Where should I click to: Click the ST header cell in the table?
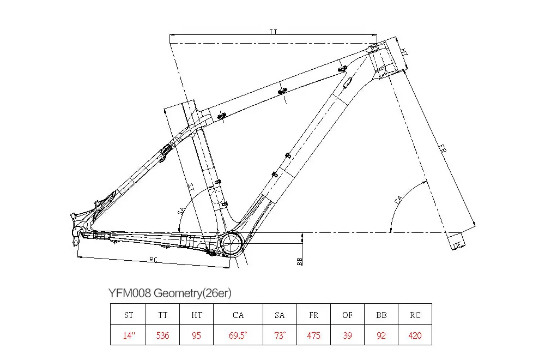pos(129,315)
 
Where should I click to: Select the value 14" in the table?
pos(129,335)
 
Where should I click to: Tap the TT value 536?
pos(163,335)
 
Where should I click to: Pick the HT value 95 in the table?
pos(197,335)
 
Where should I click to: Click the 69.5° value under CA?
pos(238,335)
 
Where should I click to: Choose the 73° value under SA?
pos(280,335)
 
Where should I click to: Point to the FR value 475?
pos(313,335)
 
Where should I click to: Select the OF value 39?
pos(347,335)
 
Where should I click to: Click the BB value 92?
pos(381,335)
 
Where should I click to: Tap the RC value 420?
pos(415,335)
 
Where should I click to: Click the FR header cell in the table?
pos(313,315)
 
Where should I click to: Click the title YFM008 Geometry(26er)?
pos(170,293)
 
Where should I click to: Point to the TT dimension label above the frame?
pos(274,32)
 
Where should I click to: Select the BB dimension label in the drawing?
pos(299,261)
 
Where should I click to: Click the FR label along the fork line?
pos(443,149)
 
